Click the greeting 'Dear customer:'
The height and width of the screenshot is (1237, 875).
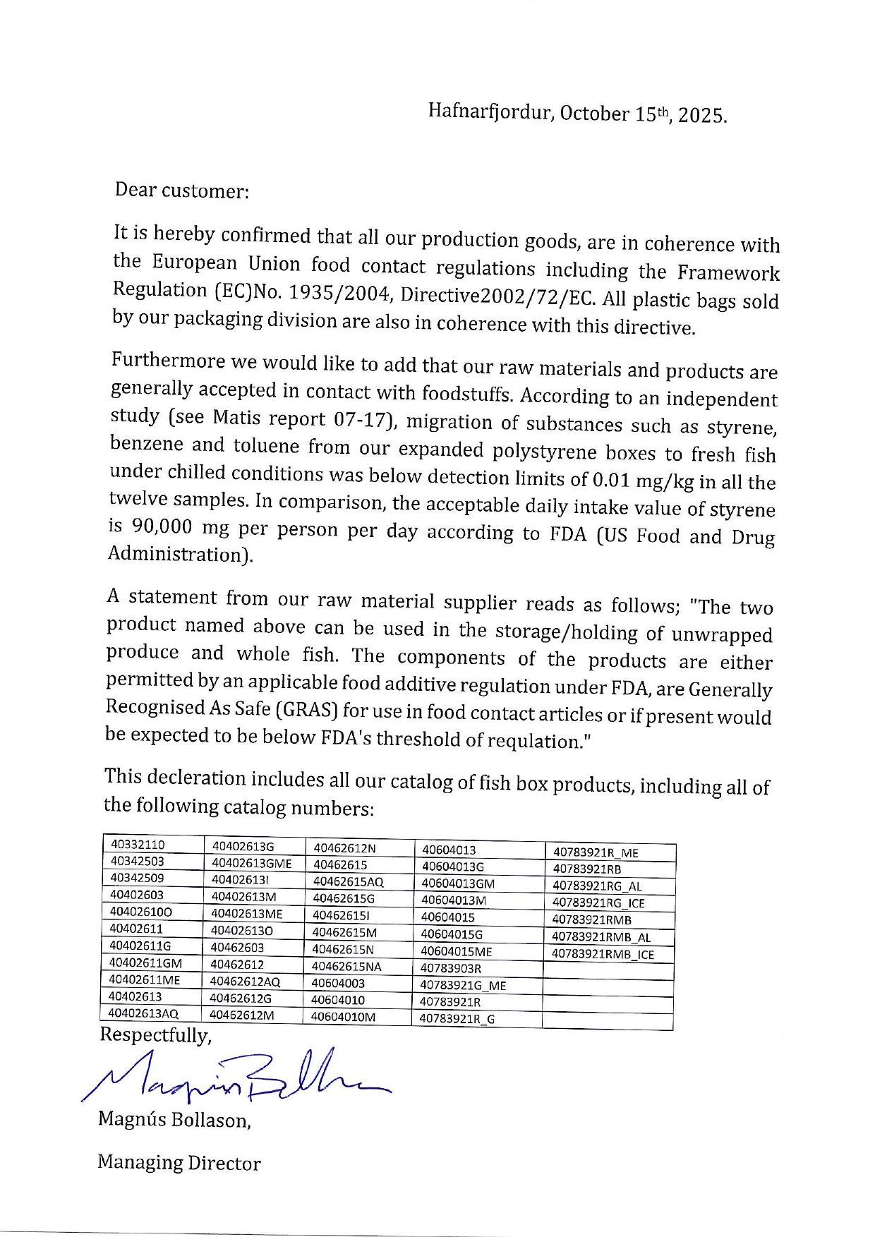click(182, 191)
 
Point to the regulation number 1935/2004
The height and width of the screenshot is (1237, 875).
click(338, 293)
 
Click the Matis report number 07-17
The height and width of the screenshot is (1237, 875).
click(359, 419)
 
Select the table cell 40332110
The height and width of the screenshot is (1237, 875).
click(138, 845)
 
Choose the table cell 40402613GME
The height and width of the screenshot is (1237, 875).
click(251, 862)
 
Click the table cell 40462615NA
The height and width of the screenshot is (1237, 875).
click(346, 966)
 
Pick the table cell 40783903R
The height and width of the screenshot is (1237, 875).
click(450, 968)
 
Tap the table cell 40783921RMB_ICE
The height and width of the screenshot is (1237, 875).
click(603, 955)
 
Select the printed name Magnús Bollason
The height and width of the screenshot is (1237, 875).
click(174, 1120)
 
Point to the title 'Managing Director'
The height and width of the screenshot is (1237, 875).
click(179, 1163)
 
